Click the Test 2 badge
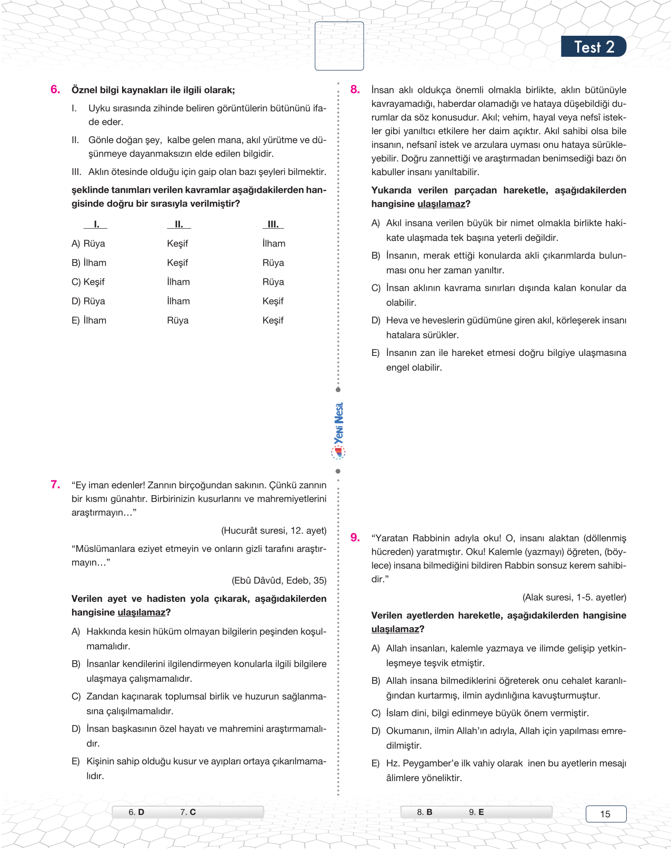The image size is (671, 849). coord(593,47)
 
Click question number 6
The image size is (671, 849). coord(55,89)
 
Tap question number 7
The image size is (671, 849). coord(55,484)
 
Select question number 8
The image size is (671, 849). coord(355,89)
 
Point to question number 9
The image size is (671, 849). coord(355,537)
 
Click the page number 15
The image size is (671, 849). coord(606,814)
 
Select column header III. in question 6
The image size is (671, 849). coord(273,224)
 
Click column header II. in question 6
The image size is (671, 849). coord(179,224)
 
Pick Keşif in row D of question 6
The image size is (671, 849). coord(273,301)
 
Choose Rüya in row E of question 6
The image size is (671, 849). coord(178,320)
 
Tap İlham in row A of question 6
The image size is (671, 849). coord(274,243)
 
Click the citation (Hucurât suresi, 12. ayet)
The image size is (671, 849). coord(274,530)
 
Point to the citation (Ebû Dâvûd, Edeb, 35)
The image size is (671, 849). coord(279,580)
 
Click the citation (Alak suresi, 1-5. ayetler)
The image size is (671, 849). coord(574,597)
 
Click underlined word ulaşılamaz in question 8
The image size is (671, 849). coord(441,204)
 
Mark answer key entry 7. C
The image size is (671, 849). coord(188,812)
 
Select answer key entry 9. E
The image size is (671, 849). coord(476,812)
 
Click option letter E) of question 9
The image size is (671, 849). coord(375,763)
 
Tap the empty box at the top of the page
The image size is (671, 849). coord(339,46)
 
